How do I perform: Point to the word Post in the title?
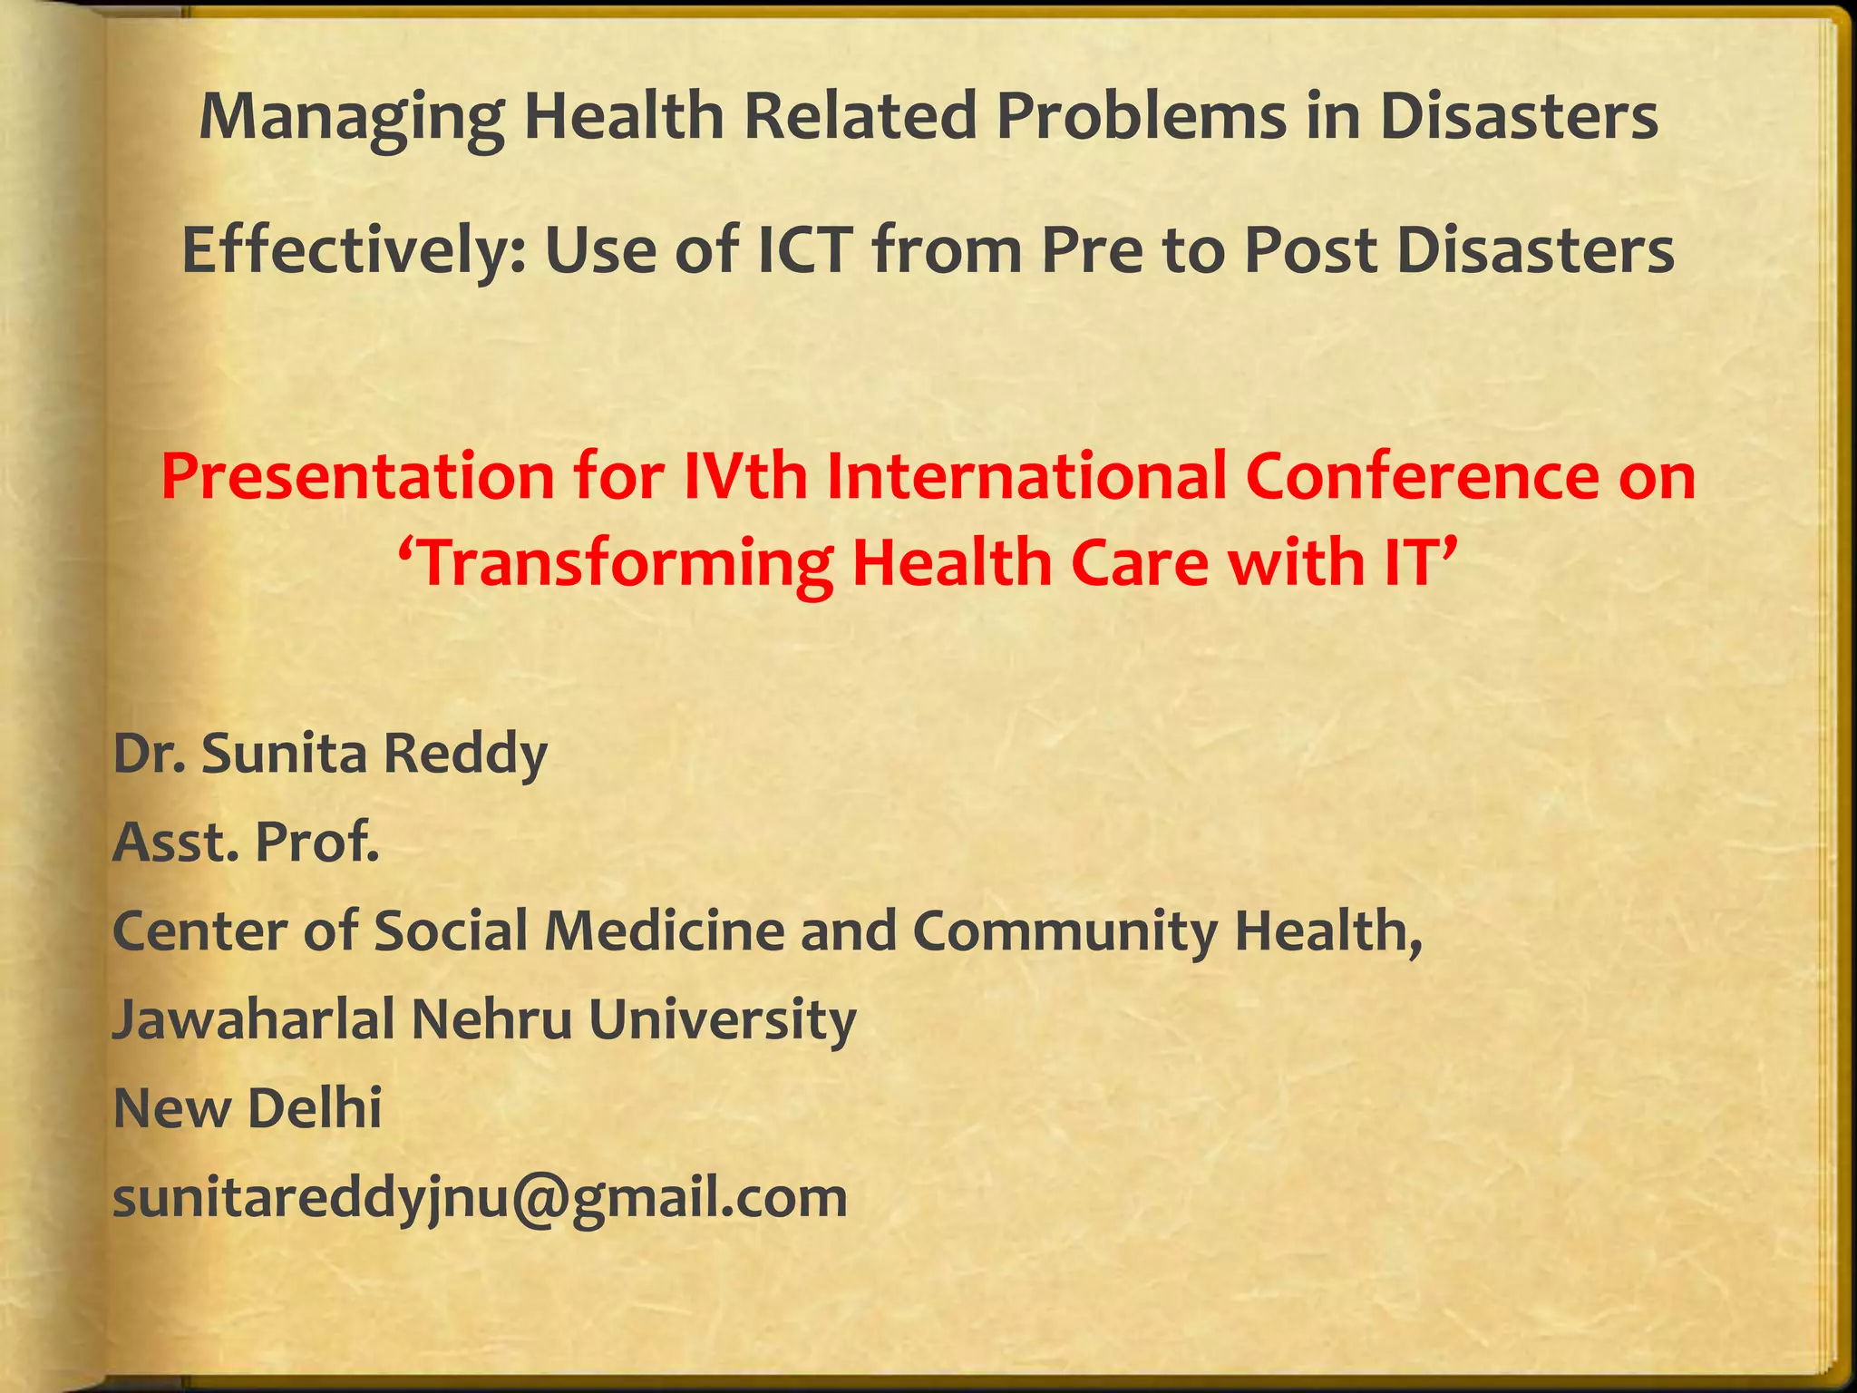[x=1311, y=250]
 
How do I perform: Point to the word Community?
[x=1065, y=932]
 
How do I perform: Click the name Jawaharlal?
[x=254, y=1019]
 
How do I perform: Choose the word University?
[x=723, y=1021]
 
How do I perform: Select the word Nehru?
[x=491, y=1019]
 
